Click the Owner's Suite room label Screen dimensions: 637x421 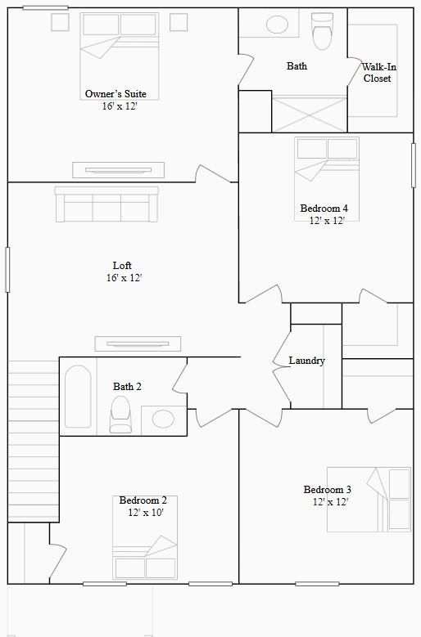(115, 94)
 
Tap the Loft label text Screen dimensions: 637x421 (122, 266)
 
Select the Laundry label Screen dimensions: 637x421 (307, 361)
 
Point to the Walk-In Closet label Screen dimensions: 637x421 (377, 72)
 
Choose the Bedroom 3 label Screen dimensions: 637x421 (328, 490)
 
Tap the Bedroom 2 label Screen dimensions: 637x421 (143, 500)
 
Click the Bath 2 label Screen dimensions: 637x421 (127, 386)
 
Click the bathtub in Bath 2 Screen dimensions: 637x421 (78, 396)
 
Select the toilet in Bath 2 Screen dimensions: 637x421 (121, 414)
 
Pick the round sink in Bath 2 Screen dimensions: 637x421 (163, 419)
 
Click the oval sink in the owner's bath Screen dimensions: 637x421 (278, 25)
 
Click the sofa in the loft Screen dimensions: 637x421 (106, 204)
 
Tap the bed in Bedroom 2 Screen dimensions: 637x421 (145, 556)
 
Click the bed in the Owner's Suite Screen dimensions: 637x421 (119, 49)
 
